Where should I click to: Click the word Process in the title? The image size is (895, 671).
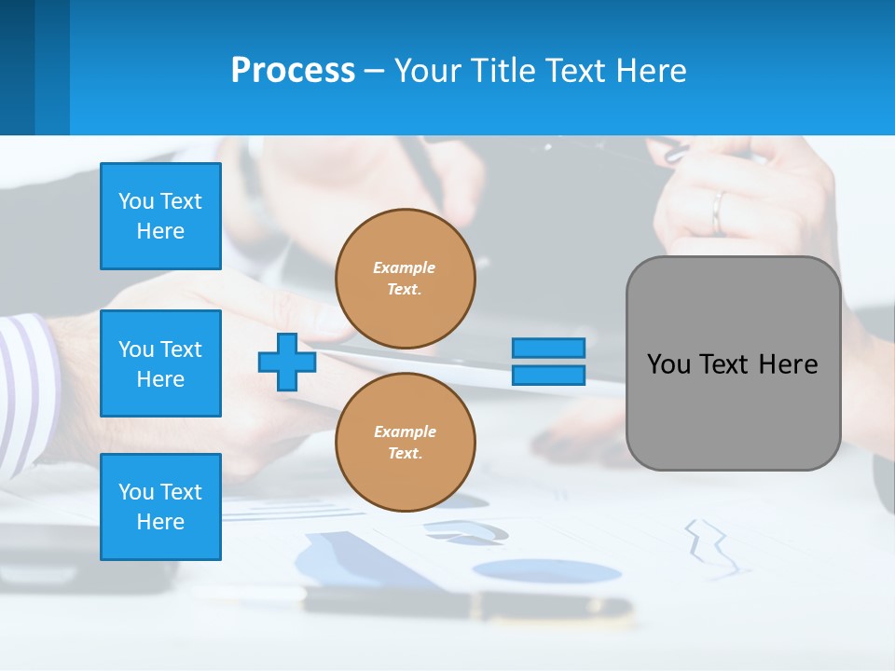point(293,71)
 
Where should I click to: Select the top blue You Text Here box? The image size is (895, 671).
point(160,216)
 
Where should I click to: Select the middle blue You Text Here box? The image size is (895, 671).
point(160,363)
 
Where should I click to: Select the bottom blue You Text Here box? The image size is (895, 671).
point(160,506)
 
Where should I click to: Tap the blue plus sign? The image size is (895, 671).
point(287,362)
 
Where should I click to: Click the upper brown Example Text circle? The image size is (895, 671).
point(406,279)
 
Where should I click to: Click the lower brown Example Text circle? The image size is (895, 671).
point(406,443)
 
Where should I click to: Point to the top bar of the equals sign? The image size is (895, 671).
point(549,348)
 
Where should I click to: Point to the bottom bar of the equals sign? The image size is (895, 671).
point(549,375)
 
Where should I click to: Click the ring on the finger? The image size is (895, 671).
point(718,212)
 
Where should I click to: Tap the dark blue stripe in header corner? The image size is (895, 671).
point(17,67)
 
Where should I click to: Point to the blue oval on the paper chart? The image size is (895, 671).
point(546,570)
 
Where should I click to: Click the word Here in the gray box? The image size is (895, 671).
point(788,364)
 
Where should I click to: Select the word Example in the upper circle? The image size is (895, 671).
point(405,267)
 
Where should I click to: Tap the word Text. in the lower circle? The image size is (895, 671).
point(405,454)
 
